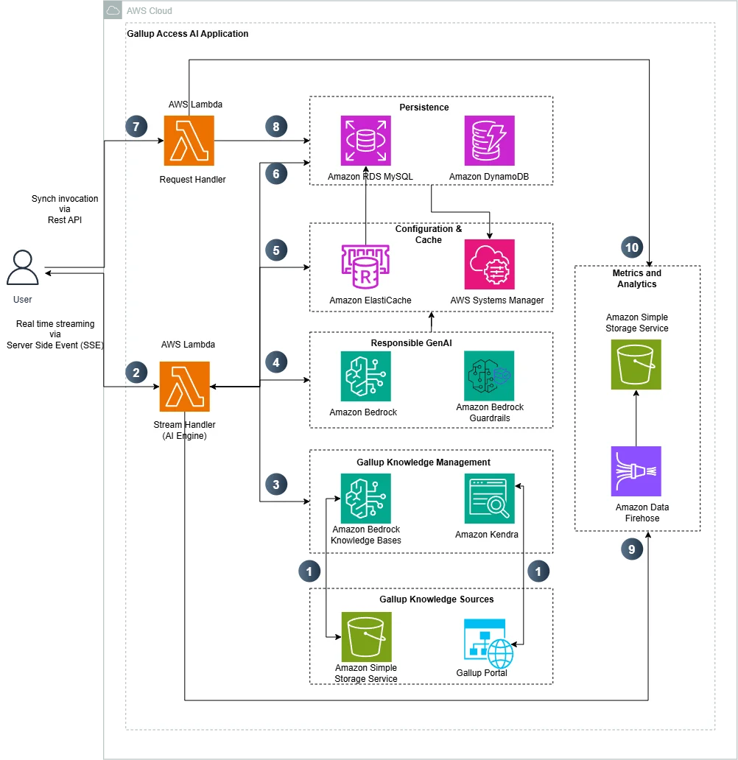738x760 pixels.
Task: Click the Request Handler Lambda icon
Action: [189, 141]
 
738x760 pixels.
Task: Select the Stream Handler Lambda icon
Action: [185, 387]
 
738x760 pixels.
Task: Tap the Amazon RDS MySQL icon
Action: [365, 141]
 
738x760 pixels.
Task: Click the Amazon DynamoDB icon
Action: [489, 141]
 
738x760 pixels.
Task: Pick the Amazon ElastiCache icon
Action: [365, 267]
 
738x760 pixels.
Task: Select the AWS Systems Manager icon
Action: [489, 264]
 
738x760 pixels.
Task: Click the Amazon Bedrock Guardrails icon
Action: [489, 376]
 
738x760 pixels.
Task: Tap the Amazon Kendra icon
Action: [489, 499]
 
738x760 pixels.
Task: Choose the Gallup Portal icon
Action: [488, 643]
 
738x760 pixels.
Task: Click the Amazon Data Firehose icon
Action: [636, 471]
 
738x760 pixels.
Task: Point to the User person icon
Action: [22, 267]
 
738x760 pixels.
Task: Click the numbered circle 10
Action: [632, 247]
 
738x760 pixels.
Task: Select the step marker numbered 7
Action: [136, 127]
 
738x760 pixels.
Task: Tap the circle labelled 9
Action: [632, 549]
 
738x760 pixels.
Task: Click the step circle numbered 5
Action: [276, 250]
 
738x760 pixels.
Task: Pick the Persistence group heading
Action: [424, 107]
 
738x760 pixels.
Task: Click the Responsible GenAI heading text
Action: [411, 342]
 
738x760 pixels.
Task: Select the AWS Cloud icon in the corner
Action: [113, 10]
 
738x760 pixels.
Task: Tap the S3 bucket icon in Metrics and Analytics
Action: [636, 365]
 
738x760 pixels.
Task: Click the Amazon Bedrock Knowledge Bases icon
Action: [365, 499]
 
